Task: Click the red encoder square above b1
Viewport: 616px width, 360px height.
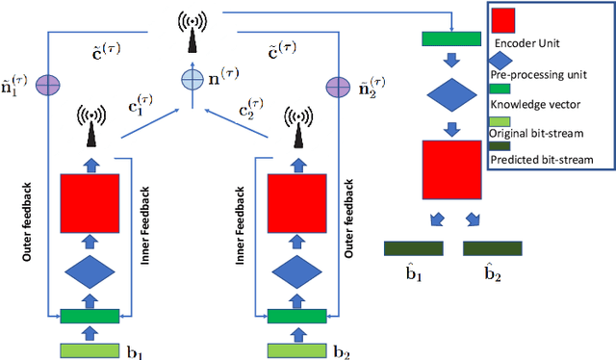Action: (90, 202)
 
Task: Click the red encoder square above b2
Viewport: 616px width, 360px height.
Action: (296, 202)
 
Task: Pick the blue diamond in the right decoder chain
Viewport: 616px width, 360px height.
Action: (451, 96)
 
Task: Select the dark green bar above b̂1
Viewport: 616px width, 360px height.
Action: (414, 248)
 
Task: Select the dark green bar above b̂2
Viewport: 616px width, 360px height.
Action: (493, 248)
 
